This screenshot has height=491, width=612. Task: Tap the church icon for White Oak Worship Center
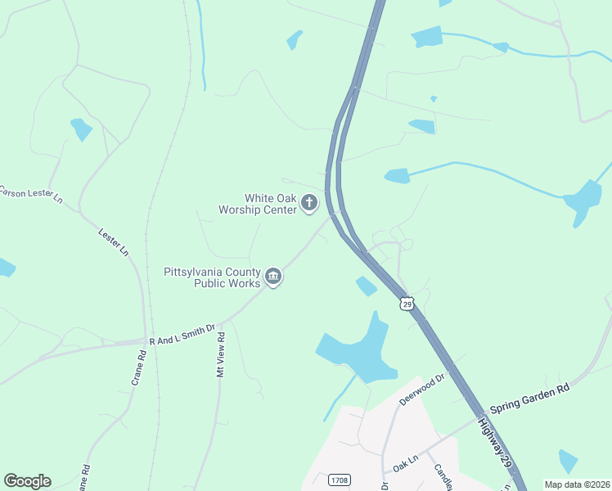coord(308,202)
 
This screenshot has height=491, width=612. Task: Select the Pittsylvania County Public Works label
coord(212,277)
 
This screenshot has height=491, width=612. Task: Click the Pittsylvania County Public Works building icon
coord(273,277)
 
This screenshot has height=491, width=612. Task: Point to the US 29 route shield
coord(407,304)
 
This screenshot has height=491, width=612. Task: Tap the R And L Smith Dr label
coord(182,334)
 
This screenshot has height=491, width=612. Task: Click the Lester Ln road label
coord(114,241)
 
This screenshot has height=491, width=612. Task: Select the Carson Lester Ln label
coord(30,194)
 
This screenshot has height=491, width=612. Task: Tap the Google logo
coord(27,481)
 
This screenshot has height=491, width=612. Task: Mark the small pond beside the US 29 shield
coord(366,286)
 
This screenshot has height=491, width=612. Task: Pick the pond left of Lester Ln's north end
coord(81,128)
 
